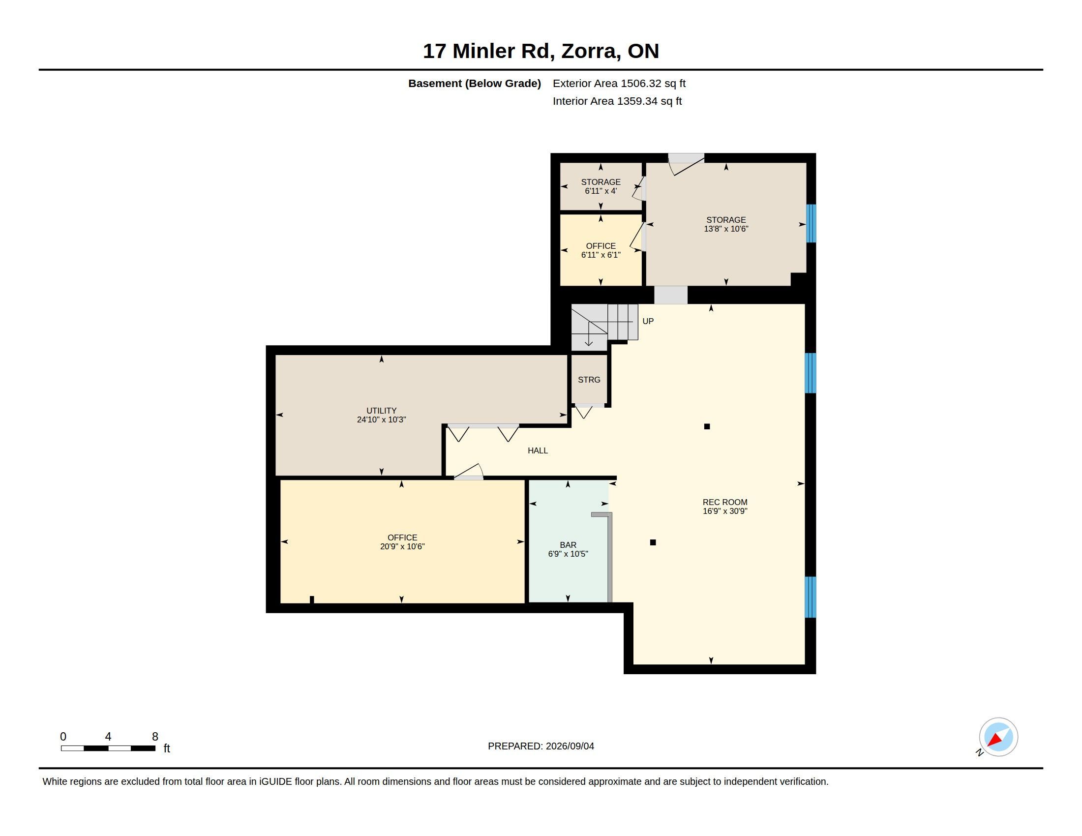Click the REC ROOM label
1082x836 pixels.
(725, 502)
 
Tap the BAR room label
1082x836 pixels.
(568, 545)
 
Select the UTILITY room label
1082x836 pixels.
(382, 411)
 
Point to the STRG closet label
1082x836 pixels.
(589, 380)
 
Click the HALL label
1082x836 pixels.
(538, 450)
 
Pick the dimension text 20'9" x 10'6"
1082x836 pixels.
(402, 547)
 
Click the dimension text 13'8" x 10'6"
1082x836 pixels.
(726, 229)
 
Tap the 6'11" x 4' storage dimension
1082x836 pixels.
(601, 191)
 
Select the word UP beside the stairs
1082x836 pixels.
(648, 322)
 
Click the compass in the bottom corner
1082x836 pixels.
(998, 737)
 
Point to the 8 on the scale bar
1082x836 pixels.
(155, 737)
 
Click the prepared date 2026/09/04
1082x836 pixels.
(570, 746)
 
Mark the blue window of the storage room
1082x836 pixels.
(811, 223)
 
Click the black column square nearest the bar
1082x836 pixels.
(653, 542)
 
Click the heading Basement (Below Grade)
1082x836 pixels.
(475, 83)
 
